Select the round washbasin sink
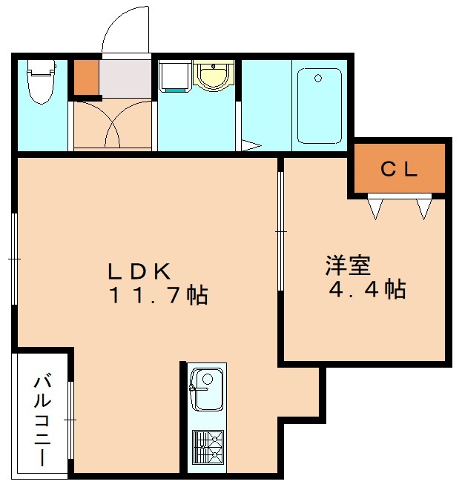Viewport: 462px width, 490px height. (x=213, y=76)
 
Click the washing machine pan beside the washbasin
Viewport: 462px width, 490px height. (x=174, y=77)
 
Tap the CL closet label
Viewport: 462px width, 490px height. (x=400, y=170)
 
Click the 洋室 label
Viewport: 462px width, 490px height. (x=346, y=264)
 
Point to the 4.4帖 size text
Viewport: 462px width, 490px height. (x=367, y=290)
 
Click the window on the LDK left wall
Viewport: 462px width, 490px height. (x=14, y=259)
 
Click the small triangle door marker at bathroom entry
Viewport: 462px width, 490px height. (x=251, y=145)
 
